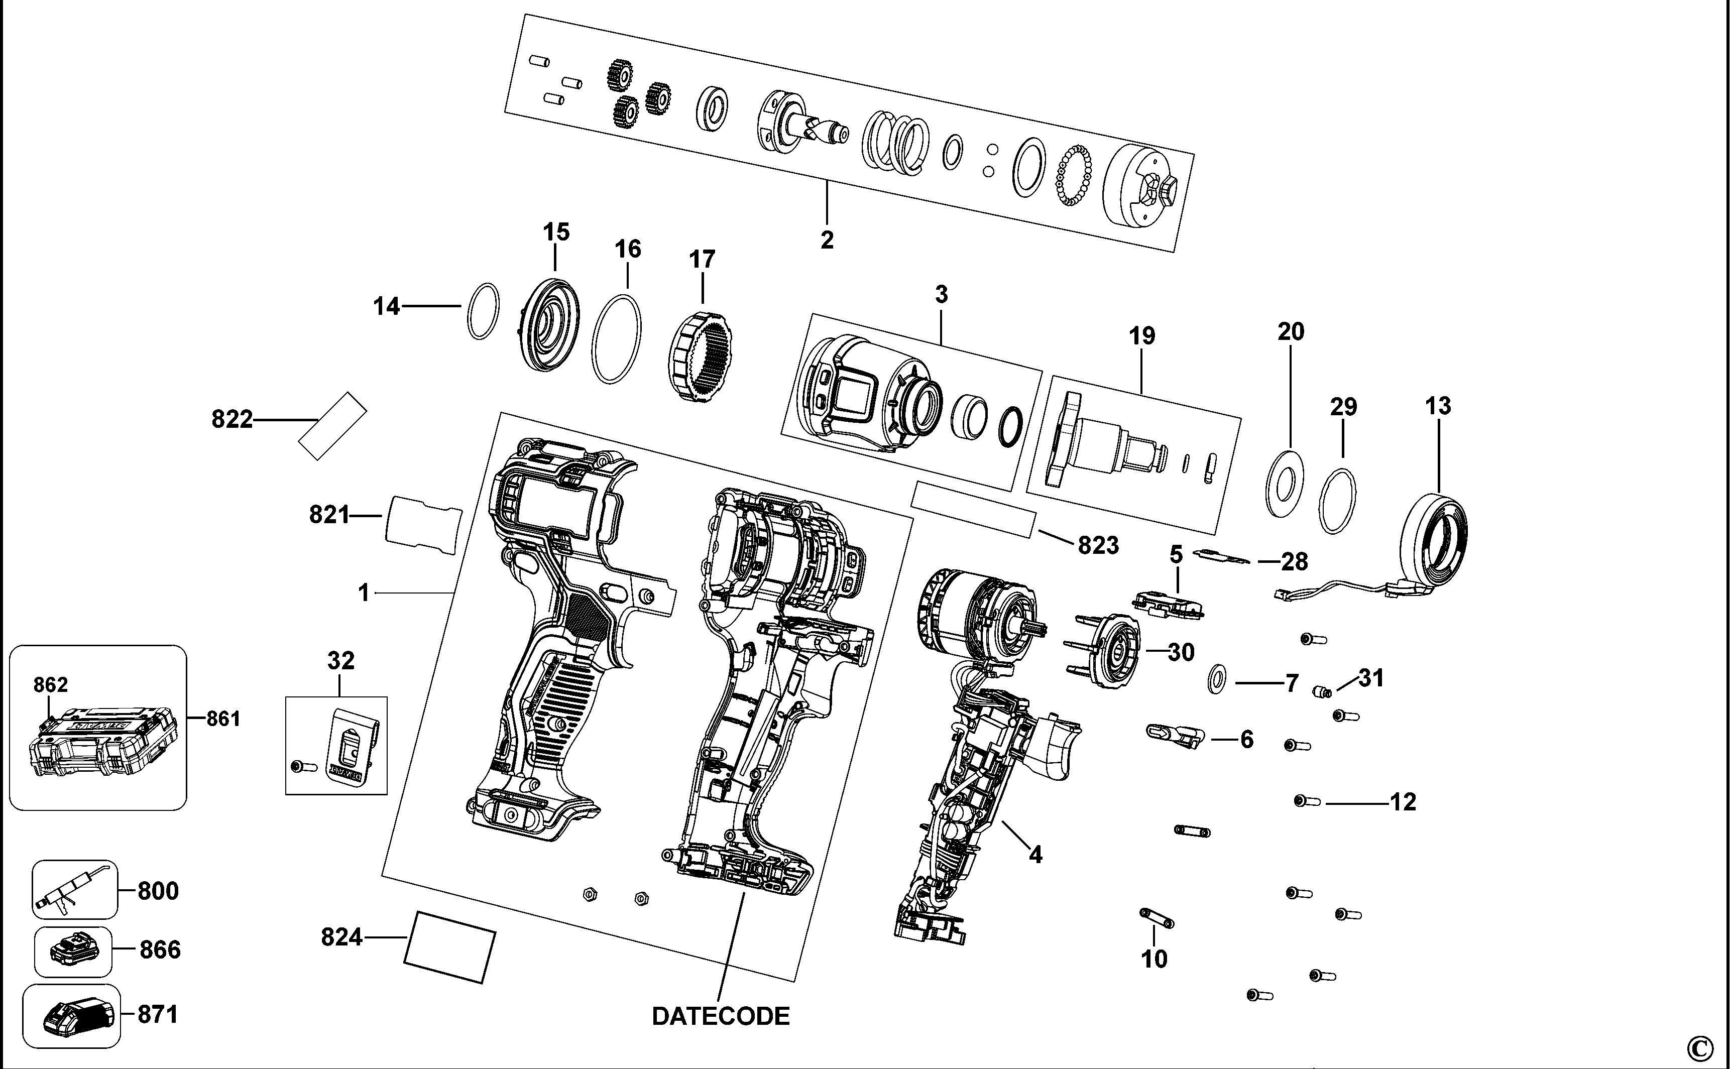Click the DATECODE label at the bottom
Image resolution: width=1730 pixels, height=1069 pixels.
721,1016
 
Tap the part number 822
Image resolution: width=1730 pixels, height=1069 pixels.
232,419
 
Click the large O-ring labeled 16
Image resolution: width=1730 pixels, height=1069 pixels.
617,339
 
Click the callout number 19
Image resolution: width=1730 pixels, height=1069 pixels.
1142,335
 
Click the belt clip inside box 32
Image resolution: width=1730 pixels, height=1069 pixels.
349,745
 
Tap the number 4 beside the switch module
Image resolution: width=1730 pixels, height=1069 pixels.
1035,855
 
